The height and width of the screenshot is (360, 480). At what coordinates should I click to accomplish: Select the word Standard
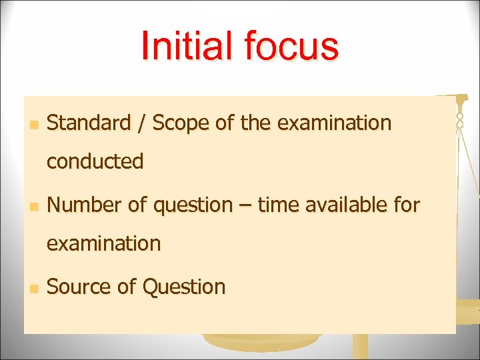tap(89, 123)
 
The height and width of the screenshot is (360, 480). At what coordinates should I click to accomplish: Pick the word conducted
tap(95, 161)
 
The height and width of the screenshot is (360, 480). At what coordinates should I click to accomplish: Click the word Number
tap(85, 205)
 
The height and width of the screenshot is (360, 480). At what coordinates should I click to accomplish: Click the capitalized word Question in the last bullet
tap(184, 287)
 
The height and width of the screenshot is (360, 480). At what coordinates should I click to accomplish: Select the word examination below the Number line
tap(103, 243)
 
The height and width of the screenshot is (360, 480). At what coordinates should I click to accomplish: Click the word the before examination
tap(254, 123)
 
